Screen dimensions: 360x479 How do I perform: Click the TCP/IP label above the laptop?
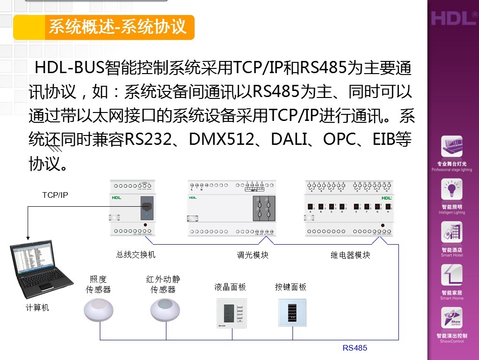click(x=55, y=195)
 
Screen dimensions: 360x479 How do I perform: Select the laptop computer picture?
click(x=41, y=270)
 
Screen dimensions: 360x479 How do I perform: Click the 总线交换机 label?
click(x=136, y=255)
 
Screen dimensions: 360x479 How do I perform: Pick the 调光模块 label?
click(x=253, y=255)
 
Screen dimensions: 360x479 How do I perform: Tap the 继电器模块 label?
click(x=350, y=255)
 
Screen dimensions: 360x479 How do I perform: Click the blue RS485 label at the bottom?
click(x=355, y=348)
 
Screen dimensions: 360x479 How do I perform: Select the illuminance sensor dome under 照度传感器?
click(x=99, y=310)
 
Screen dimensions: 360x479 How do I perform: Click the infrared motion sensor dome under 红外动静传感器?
click(x=165, y=310)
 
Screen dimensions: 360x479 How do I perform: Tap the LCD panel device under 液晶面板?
click(x=231, y=312)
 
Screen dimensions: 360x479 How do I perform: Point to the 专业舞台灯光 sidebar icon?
click(x=452, y=147)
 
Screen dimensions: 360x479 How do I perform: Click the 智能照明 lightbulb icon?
click(x=452, y=190)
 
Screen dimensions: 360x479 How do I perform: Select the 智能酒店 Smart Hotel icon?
click(x=452, y=232)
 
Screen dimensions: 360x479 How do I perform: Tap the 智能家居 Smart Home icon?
click(x=452, y=276)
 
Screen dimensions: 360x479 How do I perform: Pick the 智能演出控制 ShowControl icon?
click(x=452, y=318)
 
